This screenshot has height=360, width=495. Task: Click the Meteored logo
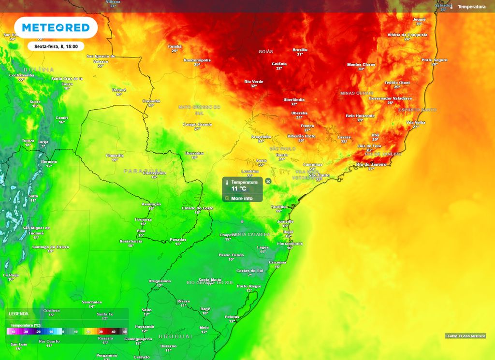(x=56, y=28)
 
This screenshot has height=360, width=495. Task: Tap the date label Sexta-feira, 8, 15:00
(x=56, y=46)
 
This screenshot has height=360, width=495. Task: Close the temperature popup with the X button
(x=268, y=181)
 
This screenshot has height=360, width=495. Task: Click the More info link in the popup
(x=241, y=198)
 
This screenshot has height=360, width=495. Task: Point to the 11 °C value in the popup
(x=239, y=189)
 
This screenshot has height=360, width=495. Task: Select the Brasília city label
(x=300, y=50)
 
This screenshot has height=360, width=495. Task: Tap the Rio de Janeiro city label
(x=372, y=164)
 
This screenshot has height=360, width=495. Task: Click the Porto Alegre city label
(x=249, y=286)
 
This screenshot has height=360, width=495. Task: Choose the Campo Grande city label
(x=197, y=124)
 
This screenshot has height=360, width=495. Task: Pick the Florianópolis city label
(x=290, y=244)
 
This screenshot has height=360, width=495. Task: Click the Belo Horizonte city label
(x=360, y=116)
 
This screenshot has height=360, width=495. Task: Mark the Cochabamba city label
(x=22, y=75)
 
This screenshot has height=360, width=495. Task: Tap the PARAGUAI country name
(x=138, y=171)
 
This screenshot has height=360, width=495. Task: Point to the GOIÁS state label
(x=266, y=51)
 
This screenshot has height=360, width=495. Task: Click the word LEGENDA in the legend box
(x=18, y=314)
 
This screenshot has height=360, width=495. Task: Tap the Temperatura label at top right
(x=471, y=7)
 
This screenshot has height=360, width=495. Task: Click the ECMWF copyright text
(x=465, y=336)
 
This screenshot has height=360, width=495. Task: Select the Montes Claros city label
(x=361, y=64)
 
